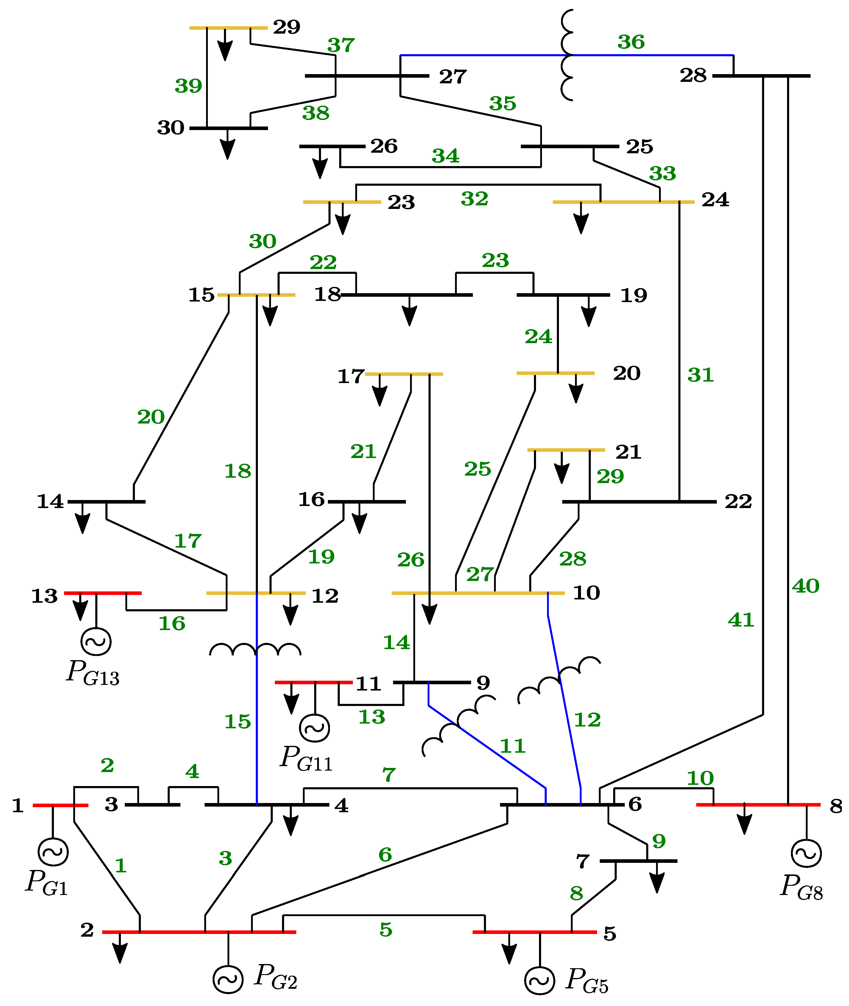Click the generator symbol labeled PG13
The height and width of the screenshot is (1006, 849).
click(96, 641)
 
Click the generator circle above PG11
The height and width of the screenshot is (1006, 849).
click(315, 728)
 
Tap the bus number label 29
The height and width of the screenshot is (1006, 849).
click(286, 27)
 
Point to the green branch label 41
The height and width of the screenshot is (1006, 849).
click(741, 620)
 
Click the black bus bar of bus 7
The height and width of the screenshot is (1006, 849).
click(638, 861)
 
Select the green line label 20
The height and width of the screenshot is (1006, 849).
click(151, 417)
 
